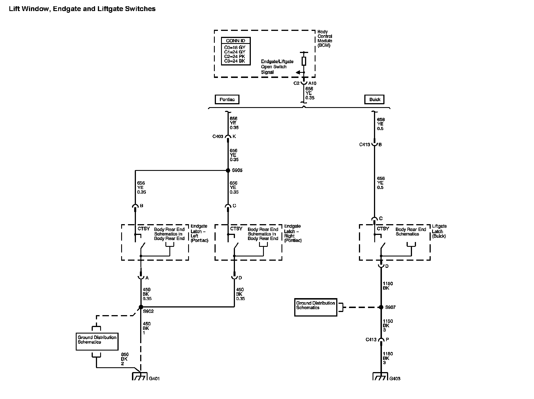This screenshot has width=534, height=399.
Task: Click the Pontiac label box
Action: [227, 99]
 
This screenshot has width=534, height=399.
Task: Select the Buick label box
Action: [374, 99]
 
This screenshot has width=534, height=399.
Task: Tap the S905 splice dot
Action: [228, 170]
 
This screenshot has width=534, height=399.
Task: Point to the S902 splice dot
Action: [141, 307]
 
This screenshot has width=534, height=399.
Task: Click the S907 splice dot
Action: [381, 307]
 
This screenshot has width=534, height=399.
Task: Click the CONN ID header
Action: [236, 41]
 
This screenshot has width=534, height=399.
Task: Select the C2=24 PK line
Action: [235, 56]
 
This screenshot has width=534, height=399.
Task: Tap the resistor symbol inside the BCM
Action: [304, 61]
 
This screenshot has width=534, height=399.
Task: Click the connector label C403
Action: [218, 137]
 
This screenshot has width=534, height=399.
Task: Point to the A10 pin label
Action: [312, 83]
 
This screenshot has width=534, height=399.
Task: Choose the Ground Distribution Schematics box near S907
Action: [316, 307]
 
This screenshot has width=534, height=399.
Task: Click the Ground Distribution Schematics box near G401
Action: [97, 341]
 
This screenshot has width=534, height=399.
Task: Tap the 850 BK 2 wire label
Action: [125, 359]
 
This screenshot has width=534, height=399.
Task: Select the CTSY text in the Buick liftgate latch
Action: [383, 229]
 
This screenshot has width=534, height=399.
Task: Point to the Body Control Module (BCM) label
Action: [325, 39]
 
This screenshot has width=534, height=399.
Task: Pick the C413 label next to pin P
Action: [371, 339]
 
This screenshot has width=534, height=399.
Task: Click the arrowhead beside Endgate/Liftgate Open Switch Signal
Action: [298, 73]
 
